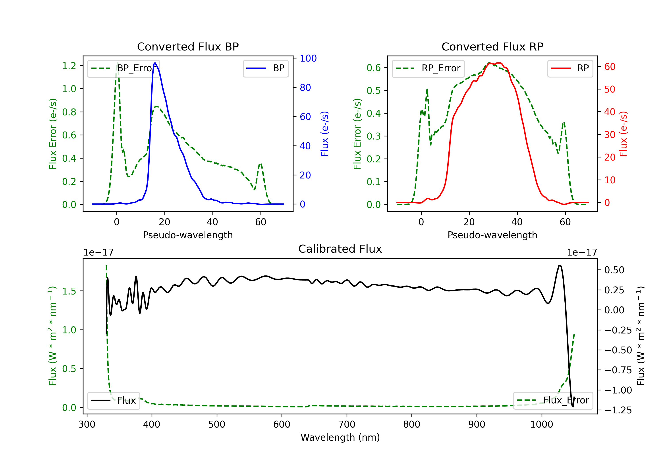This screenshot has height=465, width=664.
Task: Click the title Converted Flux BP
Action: click(188, 46)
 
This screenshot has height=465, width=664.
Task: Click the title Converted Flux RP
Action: click(492, 46)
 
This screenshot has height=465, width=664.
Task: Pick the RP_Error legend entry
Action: click(428, 68)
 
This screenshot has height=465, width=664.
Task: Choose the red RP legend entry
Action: click(570, 68)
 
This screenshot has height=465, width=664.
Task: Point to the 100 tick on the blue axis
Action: click(308, 58)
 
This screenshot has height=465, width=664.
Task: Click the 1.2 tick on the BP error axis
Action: click(69, 66)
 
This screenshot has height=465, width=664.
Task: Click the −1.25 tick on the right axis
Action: click(618, 410)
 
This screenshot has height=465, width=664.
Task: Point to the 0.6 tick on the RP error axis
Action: click(374, 68)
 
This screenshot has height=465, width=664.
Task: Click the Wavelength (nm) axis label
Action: click(340, 437)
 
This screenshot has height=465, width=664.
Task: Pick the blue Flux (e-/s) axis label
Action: click(324, 134)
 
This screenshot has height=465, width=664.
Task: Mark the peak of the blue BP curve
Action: click(155, 63)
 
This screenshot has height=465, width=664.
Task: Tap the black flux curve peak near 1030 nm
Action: click(560, 265)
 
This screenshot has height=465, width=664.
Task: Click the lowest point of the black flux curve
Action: click(573, 407)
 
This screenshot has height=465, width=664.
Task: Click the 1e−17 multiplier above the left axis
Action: click(98, 252)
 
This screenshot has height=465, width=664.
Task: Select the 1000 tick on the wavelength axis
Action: click(541, 424)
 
